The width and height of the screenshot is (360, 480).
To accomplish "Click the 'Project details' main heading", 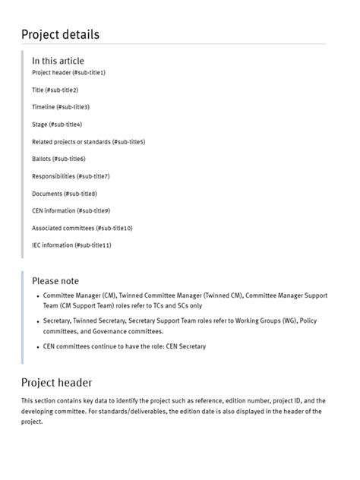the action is pos(60,34).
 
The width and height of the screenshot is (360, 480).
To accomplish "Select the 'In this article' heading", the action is pos(58,61).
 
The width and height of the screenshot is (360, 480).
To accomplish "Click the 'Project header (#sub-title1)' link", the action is pos(68,73).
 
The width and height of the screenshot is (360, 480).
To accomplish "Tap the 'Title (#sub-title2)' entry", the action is pos(55,90).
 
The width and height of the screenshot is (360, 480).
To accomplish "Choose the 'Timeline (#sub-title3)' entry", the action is pos(60,107).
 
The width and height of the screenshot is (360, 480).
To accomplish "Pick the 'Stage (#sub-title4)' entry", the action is pos(57,125).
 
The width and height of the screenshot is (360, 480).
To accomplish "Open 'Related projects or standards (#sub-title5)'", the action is pos(88,142).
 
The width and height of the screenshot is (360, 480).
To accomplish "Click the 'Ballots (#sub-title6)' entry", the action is pos(58,159).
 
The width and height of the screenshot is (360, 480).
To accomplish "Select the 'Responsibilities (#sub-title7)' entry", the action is pos(71,176).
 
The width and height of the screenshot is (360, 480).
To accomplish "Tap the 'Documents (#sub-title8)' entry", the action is pos(64,194).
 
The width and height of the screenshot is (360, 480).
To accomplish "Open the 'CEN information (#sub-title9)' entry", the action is pos(71,210).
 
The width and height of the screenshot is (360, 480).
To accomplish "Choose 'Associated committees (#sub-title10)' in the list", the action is pos(82,228).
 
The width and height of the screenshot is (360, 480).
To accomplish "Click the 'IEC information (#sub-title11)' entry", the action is pos(71,245).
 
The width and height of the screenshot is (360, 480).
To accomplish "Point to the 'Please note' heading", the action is pos(55,281).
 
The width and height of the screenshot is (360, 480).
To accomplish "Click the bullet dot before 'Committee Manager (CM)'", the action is pos(37,296).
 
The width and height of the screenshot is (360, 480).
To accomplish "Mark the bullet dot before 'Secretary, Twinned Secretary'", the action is pos(37,322).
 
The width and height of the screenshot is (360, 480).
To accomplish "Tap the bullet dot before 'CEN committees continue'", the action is pos(37,347).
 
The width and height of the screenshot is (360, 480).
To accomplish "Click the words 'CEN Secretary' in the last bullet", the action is pos(185,347).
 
